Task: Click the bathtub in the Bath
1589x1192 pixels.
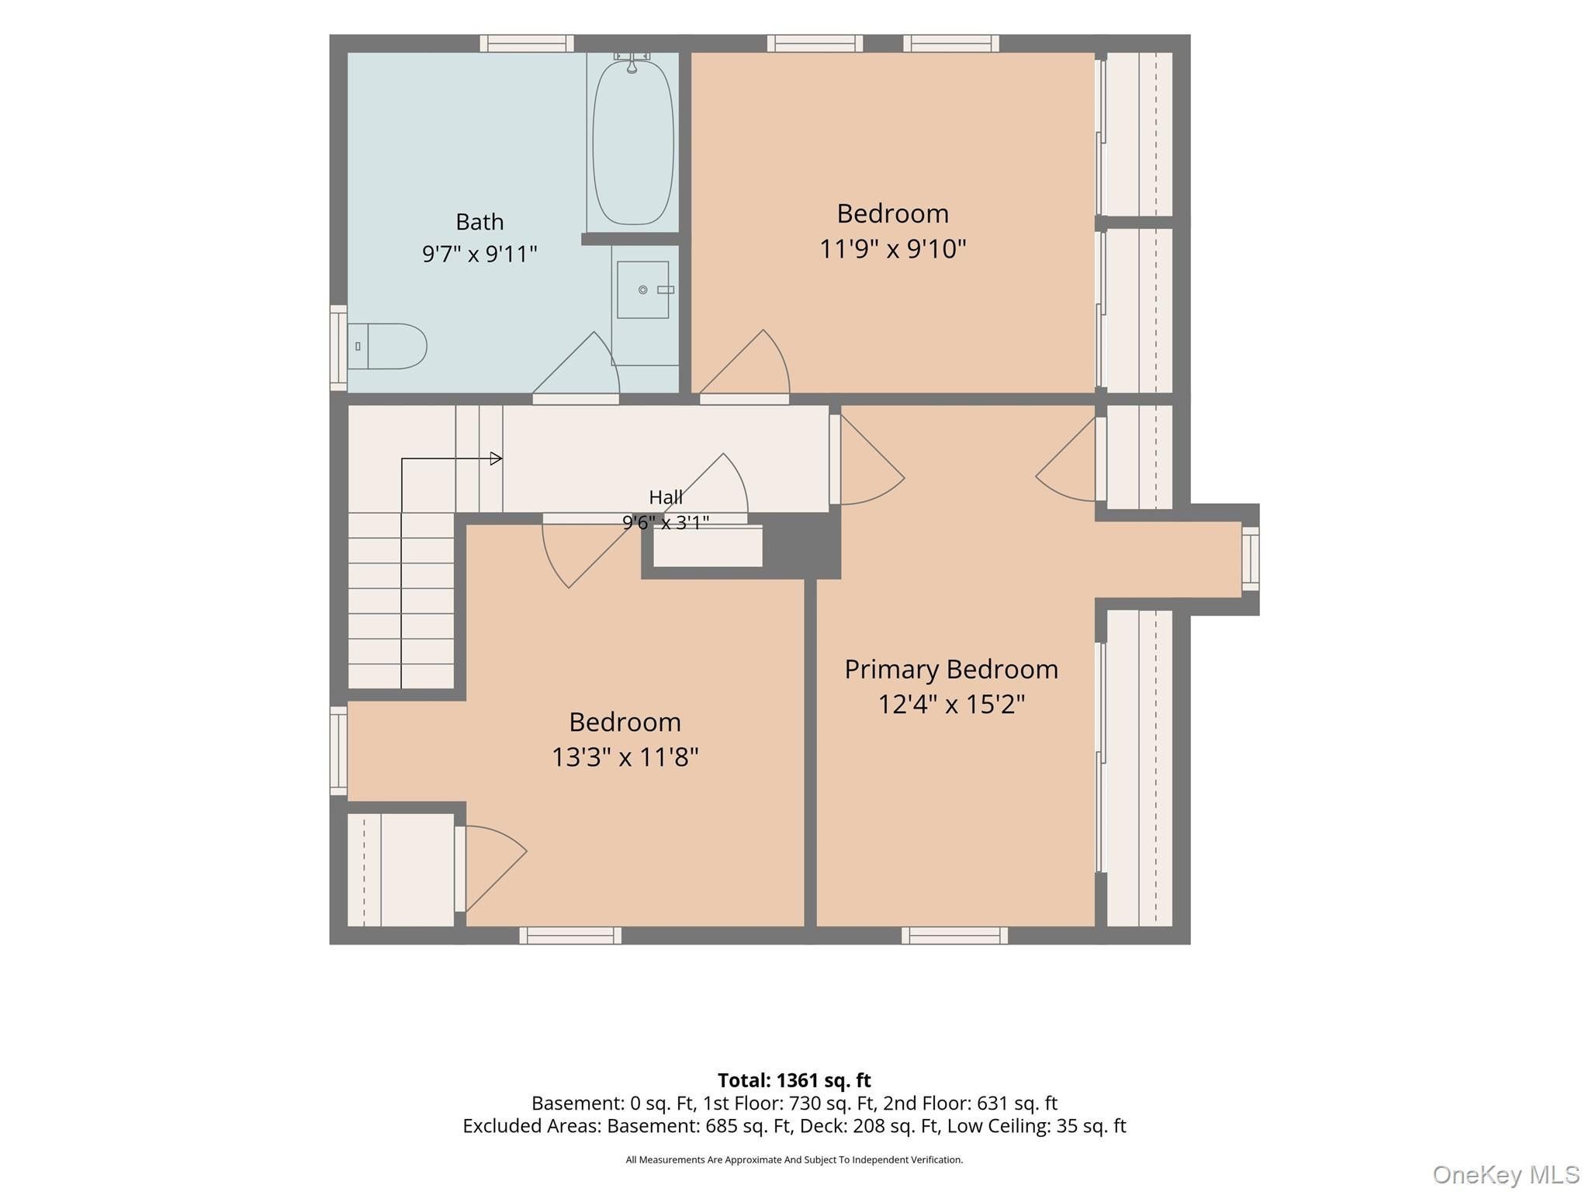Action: (x=633, y=143)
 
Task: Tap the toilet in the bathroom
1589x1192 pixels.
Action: (x=387, y=346)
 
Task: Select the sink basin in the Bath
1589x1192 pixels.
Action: (x=643, y=289)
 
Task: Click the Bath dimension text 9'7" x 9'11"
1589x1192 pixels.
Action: (x=479, y=254)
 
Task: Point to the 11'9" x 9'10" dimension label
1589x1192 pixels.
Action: (x=893, y=249)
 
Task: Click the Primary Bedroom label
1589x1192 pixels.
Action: (x=951, y=669)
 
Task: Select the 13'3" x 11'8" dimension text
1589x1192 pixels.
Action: (x=625, y=757)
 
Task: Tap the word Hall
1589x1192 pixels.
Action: (x=666, y=497)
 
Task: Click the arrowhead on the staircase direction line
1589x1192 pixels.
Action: (x=497, y=459)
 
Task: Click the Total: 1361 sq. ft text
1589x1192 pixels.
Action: (x=794, y=1080)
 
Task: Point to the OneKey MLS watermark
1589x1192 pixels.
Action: (x=1506, y=1175)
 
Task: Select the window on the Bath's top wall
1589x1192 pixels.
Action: (x=527, y=43)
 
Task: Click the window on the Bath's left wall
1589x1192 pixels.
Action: (x=338, y=348)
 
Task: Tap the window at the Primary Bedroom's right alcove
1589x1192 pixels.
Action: (x=1251, y=559)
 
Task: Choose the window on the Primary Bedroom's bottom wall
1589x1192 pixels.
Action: (x=954, y=935)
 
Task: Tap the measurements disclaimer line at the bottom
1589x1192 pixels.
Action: (x=794, y=1160)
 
